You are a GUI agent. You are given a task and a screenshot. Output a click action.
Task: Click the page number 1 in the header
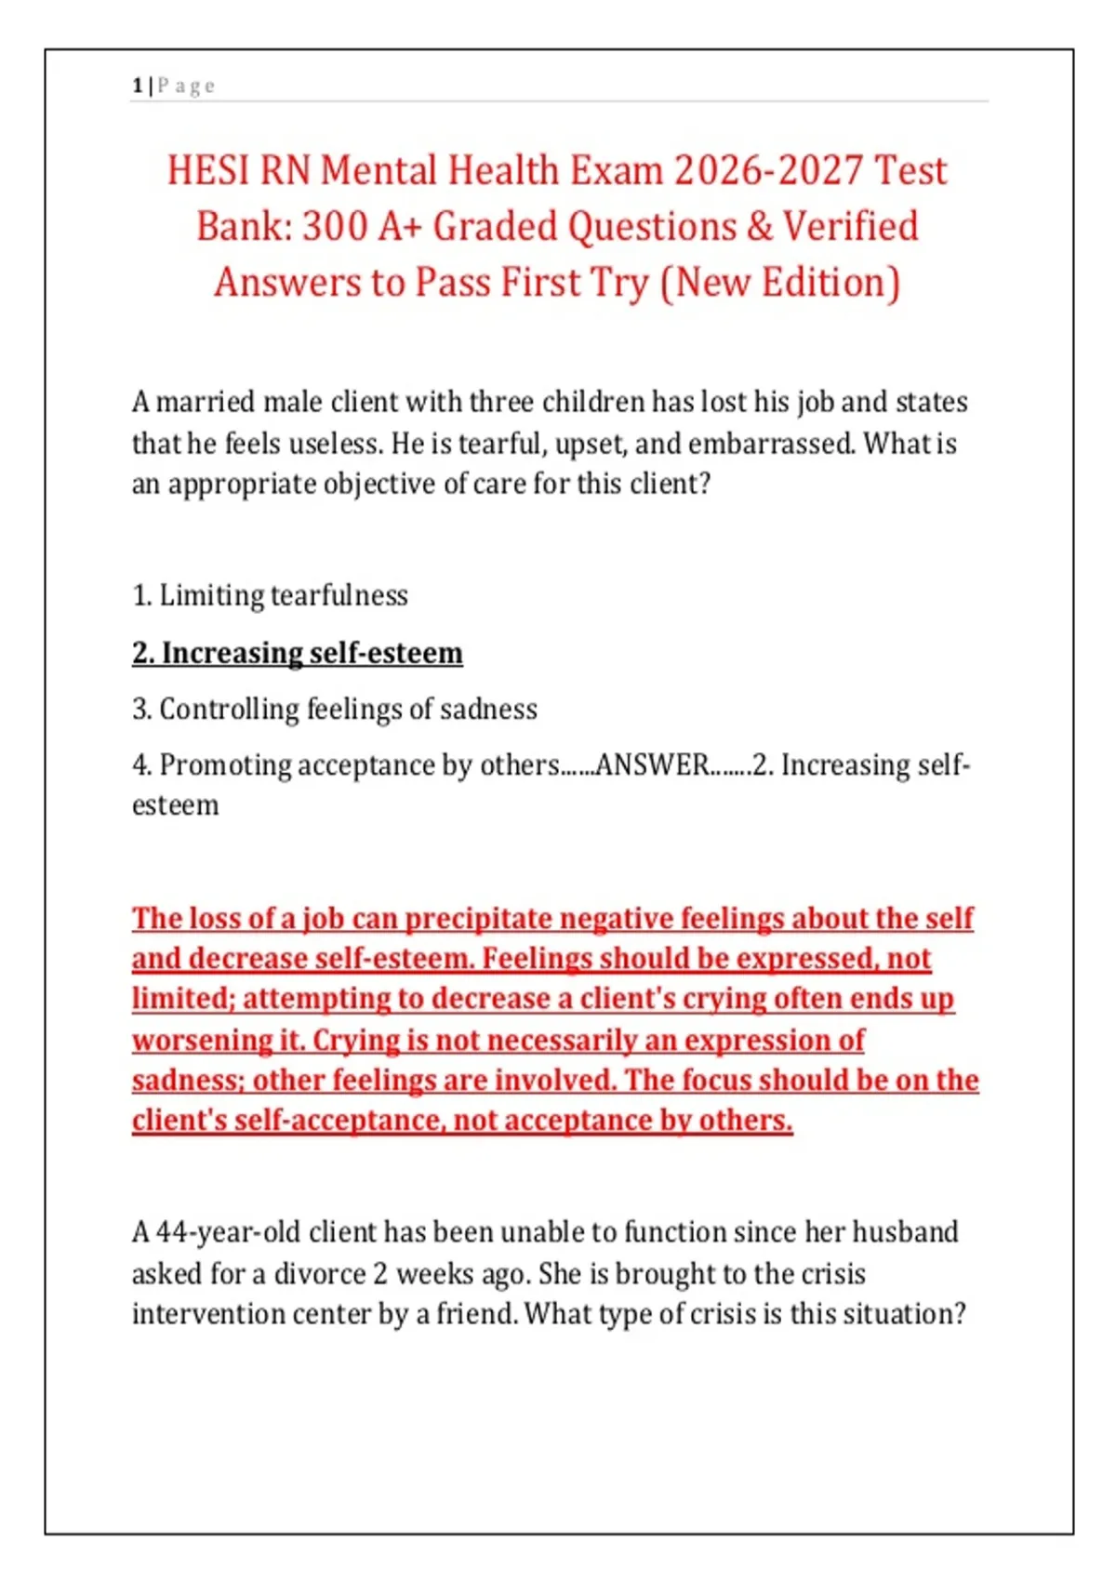pyautogui.click(x=138, y=86)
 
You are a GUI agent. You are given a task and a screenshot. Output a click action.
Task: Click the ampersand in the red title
pyautogui.click(x=759, y=227)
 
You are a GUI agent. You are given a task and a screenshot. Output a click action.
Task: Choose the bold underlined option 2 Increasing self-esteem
pyautogui.click(x=297, y=653)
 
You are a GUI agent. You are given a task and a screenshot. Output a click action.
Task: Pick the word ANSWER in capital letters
pyautogui.click(x=652, y=765)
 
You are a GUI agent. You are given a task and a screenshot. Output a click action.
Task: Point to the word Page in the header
pyautogui.click(x=187, y=86)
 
